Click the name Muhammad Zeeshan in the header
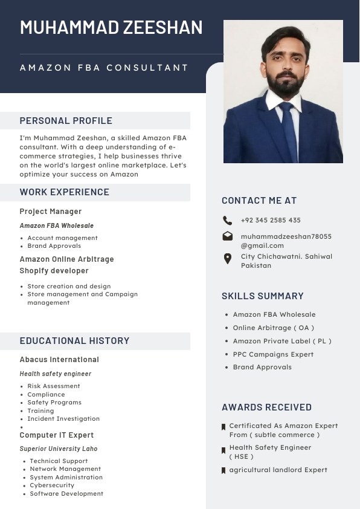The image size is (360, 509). pyautogui.click(x=111, y=28)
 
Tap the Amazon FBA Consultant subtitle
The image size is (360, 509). pyautogui.click(x=104, y=68)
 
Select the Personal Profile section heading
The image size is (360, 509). pyautogui.click(x=66, y=121)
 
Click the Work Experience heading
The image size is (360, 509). pyautogui.click(x=65, y=192)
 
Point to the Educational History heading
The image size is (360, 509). pyautogui.click(x=74, y=341)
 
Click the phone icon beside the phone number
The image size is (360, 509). pyautogui.click(x=227, y=221)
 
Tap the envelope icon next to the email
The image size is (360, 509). pyautogui.click(x=227, y=236)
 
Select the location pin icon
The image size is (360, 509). pyautogui.click(x=227, y=259)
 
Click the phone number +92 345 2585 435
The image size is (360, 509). pyautogui.click(x=271, y=221)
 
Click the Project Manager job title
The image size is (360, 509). pyautogui.click(x=51, y=212)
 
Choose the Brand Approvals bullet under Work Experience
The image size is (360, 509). pyautogui.click(x=54, y=246)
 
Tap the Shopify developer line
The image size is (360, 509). pyautogui.click(x=54, y=271)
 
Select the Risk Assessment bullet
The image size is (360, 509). pyautogui.click(x=54, y=386)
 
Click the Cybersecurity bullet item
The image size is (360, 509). pyautogui.click(x=52, y=485)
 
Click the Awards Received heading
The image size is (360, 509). pyautogui.click(x=266, y=407)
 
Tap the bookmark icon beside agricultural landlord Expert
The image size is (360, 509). pyautogui.click(x=223, y=470)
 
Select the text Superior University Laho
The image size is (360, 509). pyautogui.click(x=59, y=449)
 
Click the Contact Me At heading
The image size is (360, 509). pyautogui.click(x=259, y=201)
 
